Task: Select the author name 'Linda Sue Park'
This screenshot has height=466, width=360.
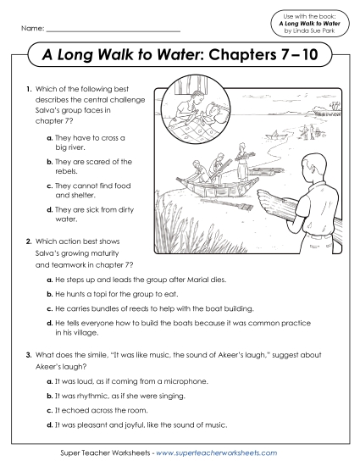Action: pos(308,31)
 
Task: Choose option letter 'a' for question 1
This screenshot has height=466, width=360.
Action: pos(52,137)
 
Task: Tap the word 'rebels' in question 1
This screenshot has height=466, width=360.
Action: pos(77,172)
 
